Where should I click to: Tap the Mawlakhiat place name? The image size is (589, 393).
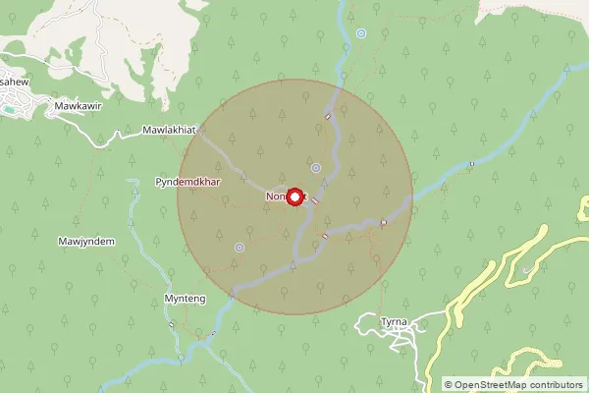point(170,130)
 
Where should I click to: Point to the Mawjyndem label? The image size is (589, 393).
point(86,242)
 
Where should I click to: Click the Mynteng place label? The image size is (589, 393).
point(185,297)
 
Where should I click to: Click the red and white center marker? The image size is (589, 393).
point(293,196)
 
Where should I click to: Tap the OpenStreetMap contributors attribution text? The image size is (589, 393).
point(513,384)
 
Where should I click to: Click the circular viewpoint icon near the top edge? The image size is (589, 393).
point(361,33)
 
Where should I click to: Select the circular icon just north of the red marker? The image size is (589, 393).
point(315,167)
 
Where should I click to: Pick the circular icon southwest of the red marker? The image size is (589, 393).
point(239,248)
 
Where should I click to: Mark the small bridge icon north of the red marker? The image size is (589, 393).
point(328,115)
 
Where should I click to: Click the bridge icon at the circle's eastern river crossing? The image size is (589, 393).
point(383,223)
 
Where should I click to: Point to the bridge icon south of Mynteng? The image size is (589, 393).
point(172,324)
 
